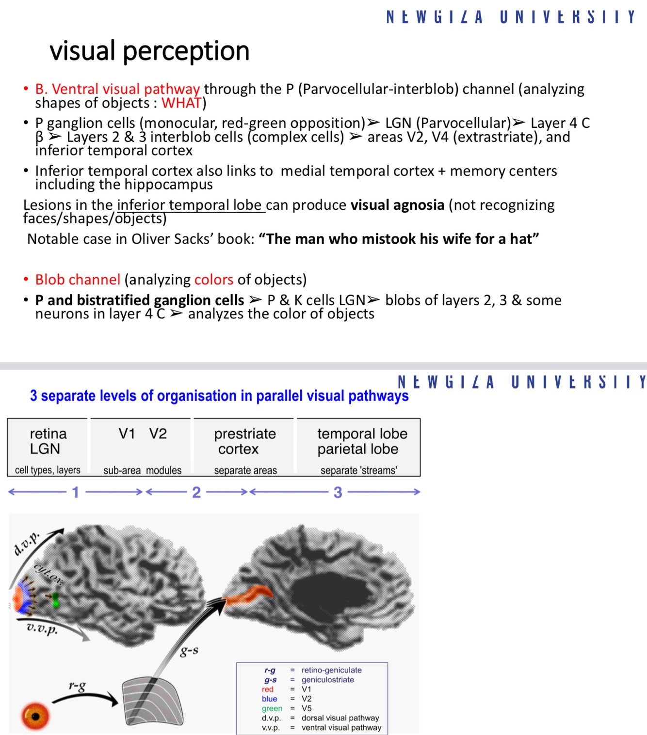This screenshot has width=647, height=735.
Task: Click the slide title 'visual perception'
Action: (x=149, y=51)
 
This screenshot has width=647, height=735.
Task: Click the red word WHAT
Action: (x=181, y=103)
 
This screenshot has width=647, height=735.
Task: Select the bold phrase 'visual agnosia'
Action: (x=397, y=205)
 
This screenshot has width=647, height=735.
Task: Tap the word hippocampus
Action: (x=168, y=185)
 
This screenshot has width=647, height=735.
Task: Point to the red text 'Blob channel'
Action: (x=78, y=280)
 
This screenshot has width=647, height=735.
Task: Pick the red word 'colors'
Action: (x=214, y=280)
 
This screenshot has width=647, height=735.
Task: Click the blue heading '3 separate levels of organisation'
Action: (x=219, y=396)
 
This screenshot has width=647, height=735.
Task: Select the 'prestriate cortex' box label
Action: (x=244, y=441)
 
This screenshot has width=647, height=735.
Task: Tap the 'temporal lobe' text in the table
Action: (x=362, y=434)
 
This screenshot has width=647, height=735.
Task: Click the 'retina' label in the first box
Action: (x=48, y=433)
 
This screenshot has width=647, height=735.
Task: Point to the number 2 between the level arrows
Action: (x=196, y=492)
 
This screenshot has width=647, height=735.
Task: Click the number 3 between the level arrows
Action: (x=338, y=492)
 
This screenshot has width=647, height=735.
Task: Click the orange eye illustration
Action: (x=35, y=716)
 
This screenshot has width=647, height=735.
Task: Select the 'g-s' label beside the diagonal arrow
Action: (x=189, y=651)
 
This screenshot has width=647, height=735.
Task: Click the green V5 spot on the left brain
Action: (x=56, y=599)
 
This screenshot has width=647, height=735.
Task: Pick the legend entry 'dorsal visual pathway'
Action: (x=340, y=718)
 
